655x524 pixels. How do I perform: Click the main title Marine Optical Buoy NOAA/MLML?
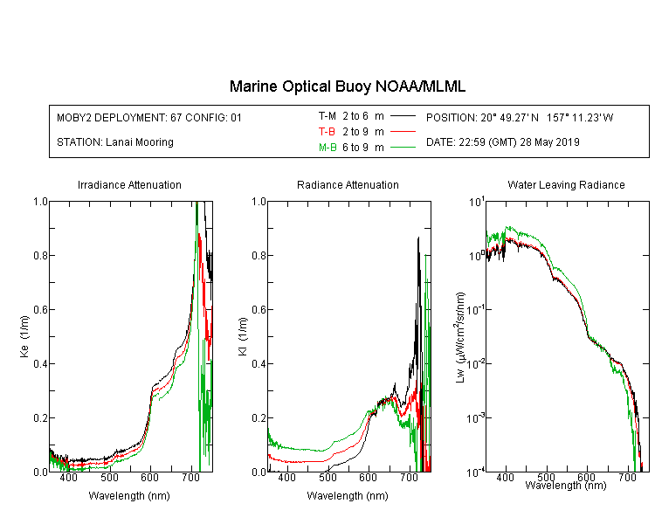click(x=347, y=86)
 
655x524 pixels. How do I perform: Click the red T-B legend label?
click(x=327, y=132)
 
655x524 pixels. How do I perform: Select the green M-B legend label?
click(x=327, y=147)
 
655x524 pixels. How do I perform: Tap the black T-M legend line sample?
click(x=403, y=116)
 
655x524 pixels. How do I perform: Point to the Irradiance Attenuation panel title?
click(x=129, y=184)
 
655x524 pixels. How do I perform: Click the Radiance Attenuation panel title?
click(x=348, y=184)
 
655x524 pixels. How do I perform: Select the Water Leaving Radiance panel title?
click(x=566, y=184)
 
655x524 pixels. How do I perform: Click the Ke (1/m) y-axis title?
click(x=24, y=337)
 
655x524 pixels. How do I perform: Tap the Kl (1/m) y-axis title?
click(x=243, y=337)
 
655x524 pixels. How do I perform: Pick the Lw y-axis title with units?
click(x=460, y=338)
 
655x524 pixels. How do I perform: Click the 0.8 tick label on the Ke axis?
click(x=40, y=255)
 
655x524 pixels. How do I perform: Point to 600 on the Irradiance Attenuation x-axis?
click(x=149, y=477)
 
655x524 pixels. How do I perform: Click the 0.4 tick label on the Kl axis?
click(x=259, y=363)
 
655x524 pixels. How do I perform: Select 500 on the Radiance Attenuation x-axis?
click(x=327, y=477)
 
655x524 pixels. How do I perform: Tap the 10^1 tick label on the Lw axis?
click(x=477, y=203)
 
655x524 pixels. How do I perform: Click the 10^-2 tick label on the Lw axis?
click(x=476, y=364)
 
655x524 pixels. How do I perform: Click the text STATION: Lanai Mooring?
click(x=115, y=142)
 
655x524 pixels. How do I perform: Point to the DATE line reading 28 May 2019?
click(x=502, y=142)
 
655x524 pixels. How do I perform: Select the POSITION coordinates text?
click(x=520, y=117)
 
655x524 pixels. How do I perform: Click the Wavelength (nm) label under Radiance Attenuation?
click(x=348, y=495)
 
